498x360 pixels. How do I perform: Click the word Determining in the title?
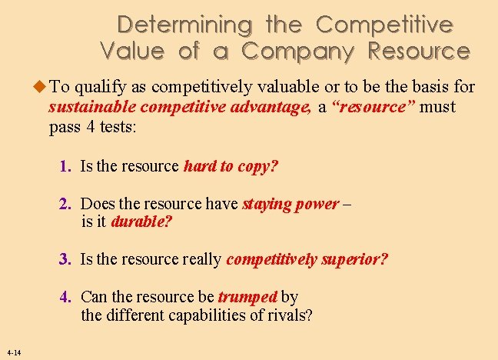[x=184, y=25]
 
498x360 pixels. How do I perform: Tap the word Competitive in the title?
[x=384, y=25]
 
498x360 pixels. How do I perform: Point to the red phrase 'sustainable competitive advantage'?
[x=180, y=107]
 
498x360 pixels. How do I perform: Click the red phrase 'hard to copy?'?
[x=231, y=166]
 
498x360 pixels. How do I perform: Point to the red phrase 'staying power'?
[x=290, y=204]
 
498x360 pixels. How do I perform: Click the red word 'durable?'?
[x=141, y=222]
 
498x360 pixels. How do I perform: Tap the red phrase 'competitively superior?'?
[x=307, y=259]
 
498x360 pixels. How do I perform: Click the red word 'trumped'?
[x=247, y=296]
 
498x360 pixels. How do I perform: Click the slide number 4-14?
[x=12, y=352]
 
